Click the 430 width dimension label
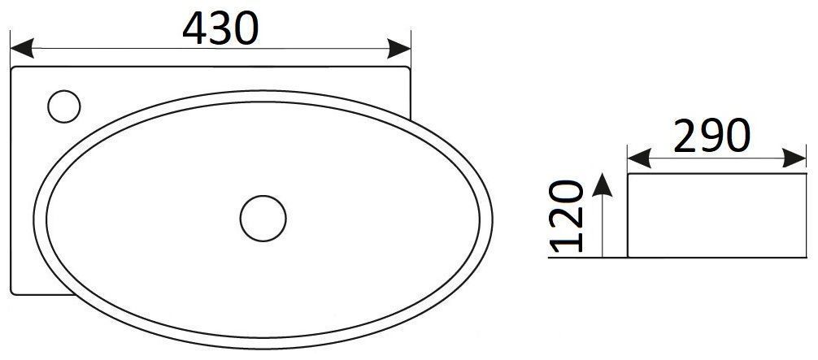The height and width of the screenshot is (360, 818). coord(220,29)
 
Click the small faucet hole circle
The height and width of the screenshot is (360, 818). coord(63,106)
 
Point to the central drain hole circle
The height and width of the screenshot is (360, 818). coord(263,217)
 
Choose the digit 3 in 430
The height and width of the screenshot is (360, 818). coord(221,29)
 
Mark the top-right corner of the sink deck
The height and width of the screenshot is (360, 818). coord(410,70)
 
